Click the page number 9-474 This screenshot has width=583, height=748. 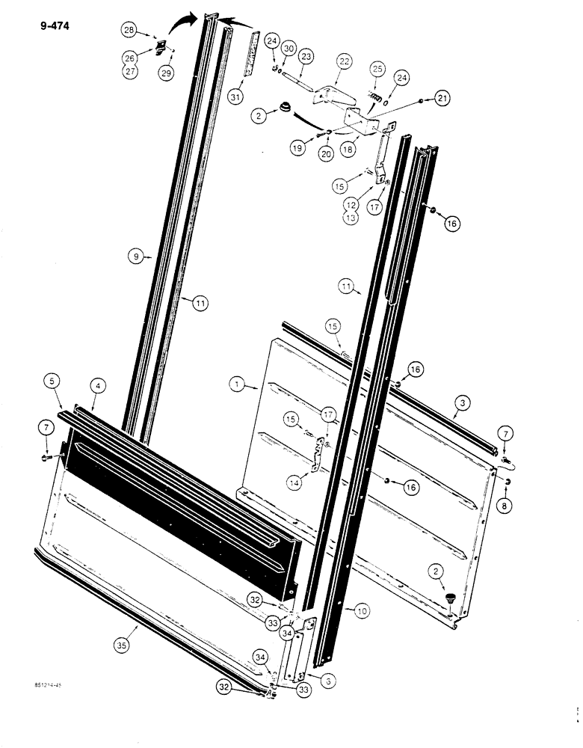(x=50, y=31)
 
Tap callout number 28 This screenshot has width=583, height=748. (x=130, y=29)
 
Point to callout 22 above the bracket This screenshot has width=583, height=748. (x=343, y=61)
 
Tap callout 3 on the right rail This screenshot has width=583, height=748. (x=463, y=403)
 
